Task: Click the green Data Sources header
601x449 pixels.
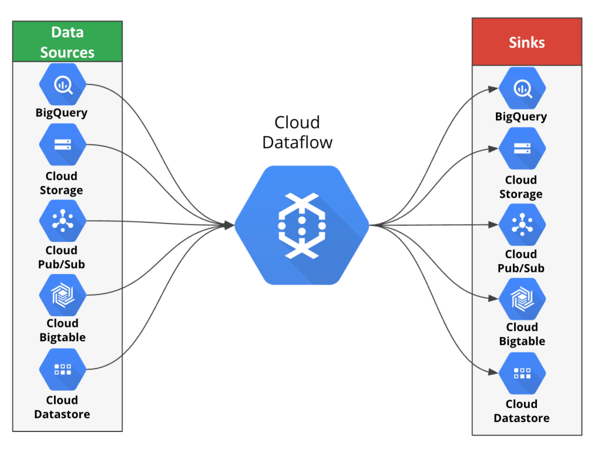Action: pyautogui.click(x=67, y=42)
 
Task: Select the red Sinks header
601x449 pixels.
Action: pyautogui.click(x=526, y=42)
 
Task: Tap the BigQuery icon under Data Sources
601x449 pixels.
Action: pyautogui.click(x=63, y=85)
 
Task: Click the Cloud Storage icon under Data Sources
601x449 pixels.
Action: pyautogui.click(x=63, y=144)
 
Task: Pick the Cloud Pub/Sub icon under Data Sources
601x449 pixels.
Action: pyautogui.click(x=63, y=221)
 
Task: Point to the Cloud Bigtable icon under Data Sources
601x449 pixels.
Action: pyautogui.click(x=63, y=295)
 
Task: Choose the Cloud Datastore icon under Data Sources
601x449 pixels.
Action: pyautogui.click(x=63, y=369)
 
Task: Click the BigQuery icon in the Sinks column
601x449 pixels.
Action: pyautogui.click(x=522, y=89)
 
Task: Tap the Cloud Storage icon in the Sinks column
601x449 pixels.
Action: pyautogui.click(x=522, y=148)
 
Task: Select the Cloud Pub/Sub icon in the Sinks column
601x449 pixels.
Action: pyautogui.click(x=522, y=225)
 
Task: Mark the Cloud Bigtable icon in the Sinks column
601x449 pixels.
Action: pyautogui.click(x=522, y=299)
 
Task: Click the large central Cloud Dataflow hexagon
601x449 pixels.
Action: pyautogui.click(x=302, y=225)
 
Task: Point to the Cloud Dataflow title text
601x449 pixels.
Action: pyautogui.click(x=297, y=132)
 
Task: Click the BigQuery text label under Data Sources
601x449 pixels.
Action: pyautogui.click(x=62, y=113)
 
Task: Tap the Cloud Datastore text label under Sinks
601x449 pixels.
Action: pyautogui.click(x=522, y=411)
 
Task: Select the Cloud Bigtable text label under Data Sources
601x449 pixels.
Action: pyautogui.click(x=62, y=330)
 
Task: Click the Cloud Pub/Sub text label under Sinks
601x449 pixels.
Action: pyautogui.click(x=521, y=261)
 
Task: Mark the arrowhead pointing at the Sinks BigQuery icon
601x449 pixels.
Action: pyautogui.click(x=495, y=90)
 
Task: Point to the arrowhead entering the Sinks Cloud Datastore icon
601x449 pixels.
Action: pyautogui.click(x=495, y=372)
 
